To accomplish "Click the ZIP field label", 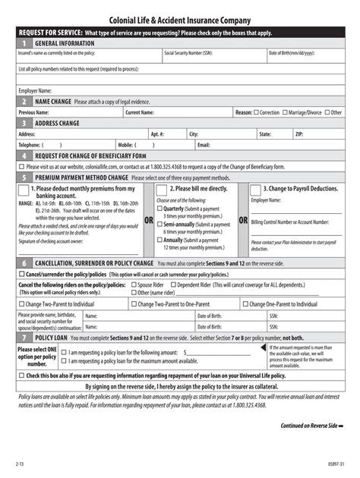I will [299, 134].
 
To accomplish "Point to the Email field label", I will [203, 144].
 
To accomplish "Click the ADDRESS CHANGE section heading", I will [57, 123].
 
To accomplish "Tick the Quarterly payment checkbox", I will [159, 209].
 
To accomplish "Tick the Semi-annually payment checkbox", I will [159, 225].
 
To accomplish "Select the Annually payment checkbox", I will [159, 240].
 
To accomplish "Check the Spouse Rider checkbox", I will [134, 285].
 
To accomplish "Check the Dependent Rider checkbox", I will [173, 285].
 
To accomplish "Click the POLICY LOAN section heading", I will [56, 337].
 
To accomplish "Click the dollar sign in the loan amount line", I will [185, 352].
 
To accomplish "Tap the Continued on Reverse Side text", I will [311, 426].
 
